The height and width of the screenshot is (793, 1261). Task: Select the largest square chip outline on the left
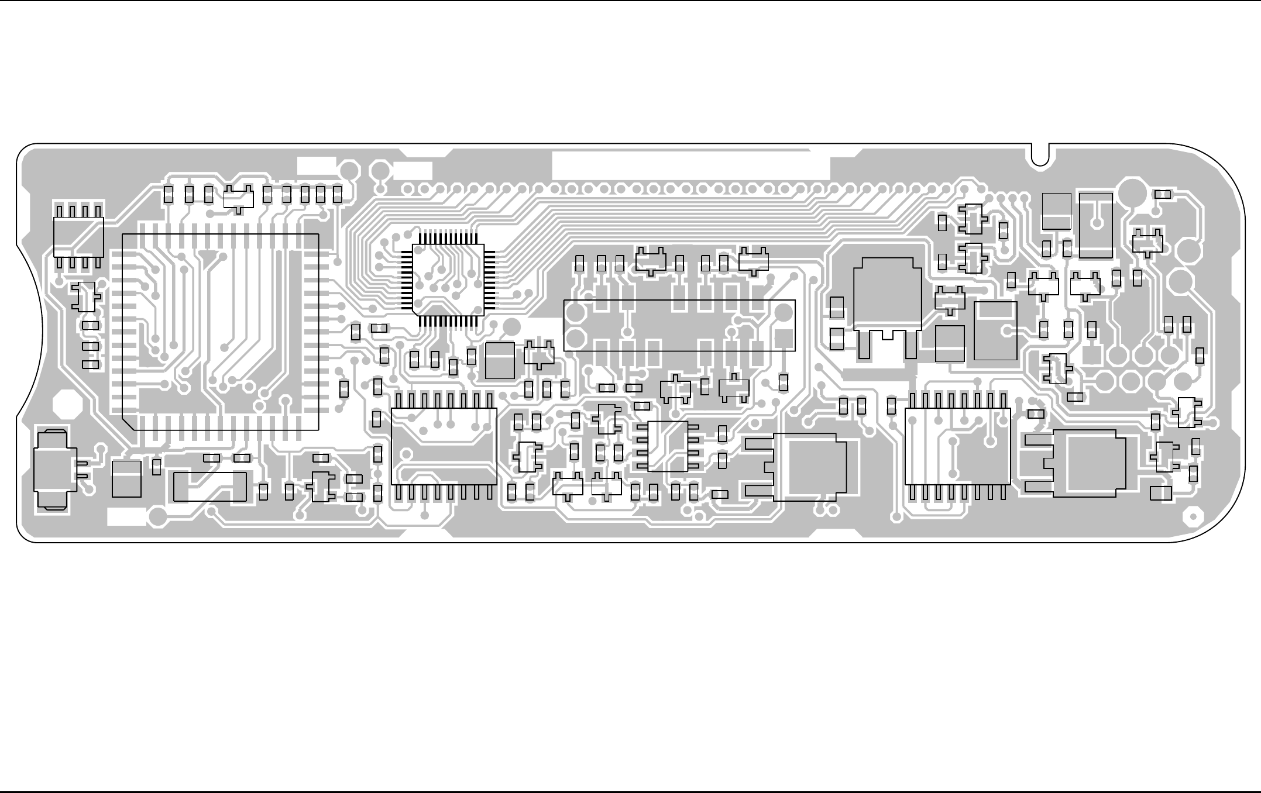(221, 332)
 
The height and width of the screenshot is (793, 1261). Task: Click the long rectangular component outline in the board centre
(679, 325)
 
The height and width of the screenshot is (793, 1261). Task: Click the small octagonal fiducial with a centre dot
(1191, 518)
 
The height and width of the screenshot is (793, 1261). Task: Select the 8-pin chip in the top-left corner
(78, 236)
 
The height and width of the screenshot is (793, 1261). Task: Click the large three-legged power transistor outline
(887, 304)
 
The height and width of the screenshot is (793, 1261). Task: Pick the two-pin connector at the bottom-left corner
(54, 469)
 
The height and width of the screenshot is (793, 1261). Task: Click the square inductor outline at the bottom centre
(810, 467)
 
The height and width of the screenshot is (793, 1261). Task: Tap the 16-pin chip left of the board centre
(444, 446)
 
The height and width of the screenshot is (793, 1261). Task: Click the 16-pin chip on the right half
(957, 446)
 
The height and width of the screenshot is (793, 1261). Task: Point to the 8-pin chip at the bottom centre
(668, 446)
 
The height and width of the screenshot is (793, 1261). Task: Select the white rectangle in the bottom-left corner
(127, 516)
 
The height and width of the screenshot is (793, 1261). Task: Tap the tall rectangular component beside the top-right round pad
(1095, 225)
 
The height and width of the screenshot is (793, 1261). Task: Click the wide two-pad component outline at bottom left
(210, 487)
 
